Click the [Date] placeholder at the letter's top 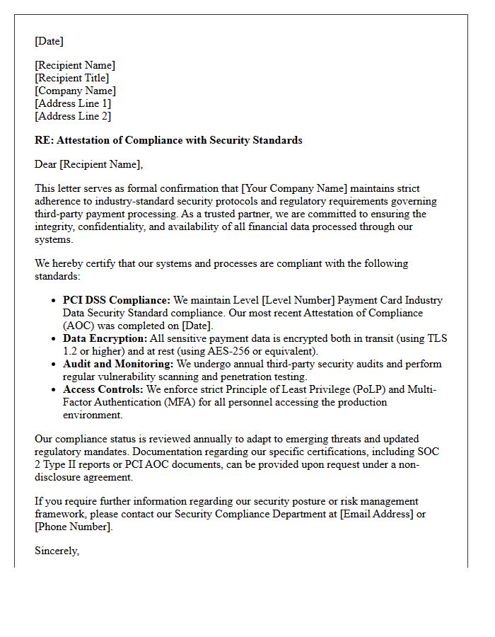pyautogui.click(x=49, y=41)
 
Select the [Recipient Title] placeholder pyautogui.click(x=71, y=78)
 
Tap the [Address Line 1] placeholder pyautogui.click(x=73, y=103)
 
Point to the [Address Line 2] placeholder pyautogui.click(x=73, y=116)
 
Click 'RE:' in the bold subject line pyautogui.click(x=44, y=140)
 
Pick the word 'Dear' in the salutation pyautogui.click(x=46, y=164)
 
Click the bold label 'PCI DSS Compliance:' pyautogui.click(x=117, y=300)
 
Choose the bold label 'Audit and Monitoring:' pyautogui.click(x=118, y=364)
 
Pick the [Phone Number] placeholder pyautogui.click(x=73, y=527)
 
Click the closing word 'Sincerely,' pyautogui.click(x=57, y=551)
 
